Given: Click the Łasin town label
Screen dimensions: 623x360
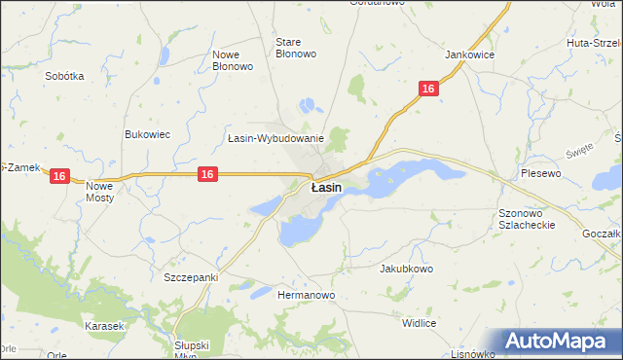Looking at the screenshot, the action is pyautogui.click(x=325, y=187).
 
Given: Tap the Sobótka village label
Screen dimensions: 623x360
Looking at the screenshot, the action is pyautogui.click(x=64, y=75).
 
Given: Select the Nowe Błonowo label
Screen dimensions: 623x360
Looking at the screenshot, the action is pyautogui.click(x=233, y=60).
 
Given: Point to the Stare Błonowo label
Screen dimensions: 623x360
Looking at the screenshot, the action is pyautogui.click(x=296, y=48).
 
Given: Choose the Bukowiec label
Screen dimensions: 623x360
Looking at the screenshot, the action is pyautogui.click(x=148, y=134).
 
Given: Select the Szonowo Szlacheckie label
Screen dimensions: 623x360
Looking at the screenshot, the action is pyautogui.click(x=526, y=218).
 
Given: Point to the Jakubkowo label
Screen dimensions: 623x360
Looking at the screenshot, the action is pyautogui.click(x=406, y=268).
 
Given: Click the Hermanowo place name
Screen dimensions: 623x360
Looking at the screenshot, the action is pyautogui.click(x=307, y=294).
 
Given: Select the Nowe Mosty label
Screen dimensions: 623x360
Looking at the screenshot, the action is pyautogui.click(x=100, y=191).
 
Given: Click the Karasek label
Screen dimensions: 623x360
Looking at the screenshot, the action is pyautogui.click(x=103, y=326).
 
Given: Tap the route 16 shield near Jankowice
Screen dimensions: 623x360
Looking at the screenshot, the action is pyautogui.click(x=428, y=89).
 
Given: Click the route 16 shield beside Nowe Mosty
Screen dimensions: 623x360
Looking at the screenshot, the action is pyautogui.click(x=60, y=176).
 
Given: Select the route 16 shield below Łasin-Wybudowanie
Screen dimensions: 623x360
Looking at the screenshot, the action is pyautogui.click(x=207, y=173).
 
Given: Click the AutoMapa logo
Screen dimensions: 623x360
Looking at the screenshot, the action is pyautogui.click(x=559, y=342).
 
